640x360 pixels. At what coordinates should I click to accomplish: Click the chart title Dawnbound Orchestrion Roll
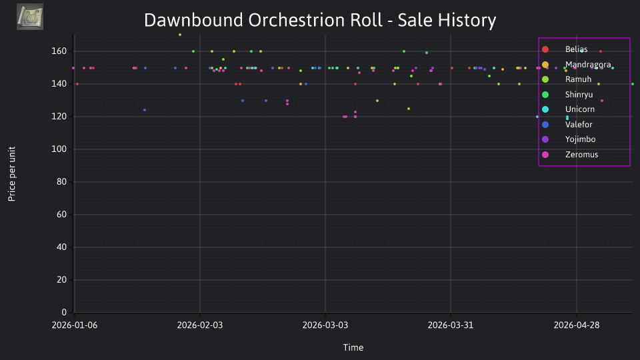point(263,20)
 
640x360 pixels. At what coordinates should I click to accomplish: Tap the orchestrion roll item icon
point(30,17)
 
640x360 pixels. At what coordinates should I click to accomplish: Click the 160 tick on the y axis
point(59,51)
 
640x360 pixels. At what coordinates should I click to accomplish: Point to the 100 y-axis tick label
point(59,149)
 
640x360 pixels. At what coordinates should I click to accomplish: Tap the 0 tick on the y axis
point(64,312)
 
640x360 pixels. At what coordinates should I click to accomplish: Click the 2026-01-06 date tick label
point(75,325)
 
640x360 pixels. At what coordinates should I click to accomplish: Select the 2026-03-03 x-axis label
point(325,325)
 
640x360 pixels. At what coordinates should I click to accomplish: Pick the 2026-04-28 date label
point(576,325)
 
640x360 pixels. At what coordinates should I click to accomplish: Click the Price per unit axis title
point(12,174)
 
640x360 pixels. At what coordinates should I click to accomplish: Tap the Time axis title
point(353,347)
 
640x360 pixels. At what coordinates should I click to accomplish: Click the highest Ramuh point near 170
point(180,35)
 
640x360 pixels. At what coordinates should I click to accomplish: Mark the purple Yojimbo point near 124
point(145,110)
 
